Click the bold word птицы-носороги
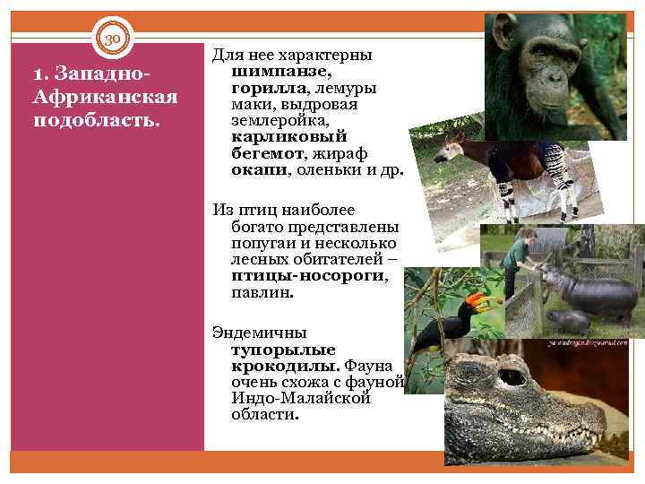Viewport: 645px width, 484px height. tap(308, 276)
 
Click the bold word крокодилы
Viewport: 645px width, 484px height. tap(284, 364)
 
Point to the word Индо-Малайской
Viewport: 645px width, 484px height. tap(300, 397)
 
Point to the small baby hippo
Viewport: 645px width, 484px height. tap(569, 321)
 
